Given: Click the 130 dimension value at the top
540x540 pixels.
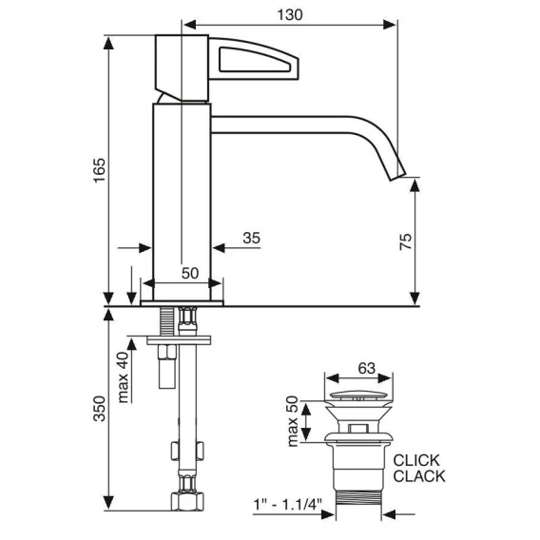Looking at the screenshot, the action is click(290, 15).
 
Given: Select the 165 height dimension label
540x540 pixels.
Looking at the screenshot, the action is click(100, 170).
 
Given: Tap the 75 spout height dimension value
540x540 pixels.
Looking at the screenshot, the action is click(406, 241).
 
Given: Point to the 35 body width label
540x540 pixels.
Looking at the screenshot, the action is click(251, 238).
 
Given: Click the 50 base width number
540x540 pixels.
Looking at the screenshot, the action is click(190, 274).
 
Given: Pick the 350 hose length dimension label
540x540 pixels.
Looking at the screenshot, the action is click(100, 409).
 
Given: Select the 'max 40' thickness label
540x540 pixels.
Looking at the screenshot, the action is click(123, 377).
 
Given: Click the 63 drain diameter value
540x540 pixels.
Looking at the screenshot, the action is click(366, 369).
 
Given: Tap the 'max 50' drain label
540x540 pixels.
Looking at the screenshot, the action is click(292, 421).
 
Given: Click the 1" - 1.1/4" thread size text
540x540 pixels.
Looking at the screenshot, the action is click(287, 505).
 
